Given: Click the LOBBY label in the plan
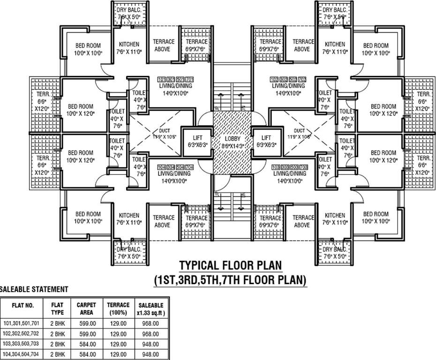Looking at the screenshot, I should [x=232, y=139].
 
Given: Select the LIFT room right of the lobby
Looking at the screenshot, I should [x=266, y=141].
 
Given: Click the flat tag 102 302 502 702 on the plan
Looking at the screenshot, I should [x=288, y=79].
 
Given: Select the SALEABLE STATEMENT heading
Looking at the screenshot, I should [x=34, y=289].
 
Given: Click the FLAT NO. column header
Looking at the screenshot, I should [x=23, y=305].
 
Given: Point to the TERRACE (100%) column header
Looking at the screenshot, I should [x=118, y=308].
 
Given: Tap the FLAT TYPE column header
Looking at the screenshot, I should [x=57, y=308].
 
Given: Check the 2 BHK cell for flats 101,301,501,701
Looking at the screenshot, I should [x=57, y=323].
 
